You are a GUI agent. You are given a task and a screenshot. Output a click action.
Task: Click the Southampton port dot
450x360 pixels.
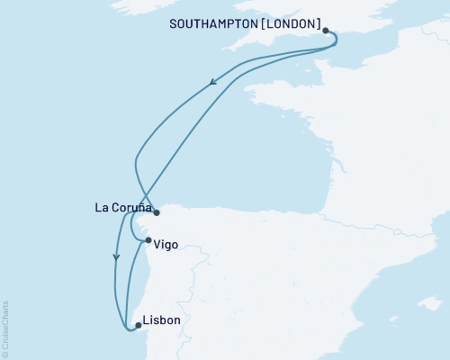pos(326,30)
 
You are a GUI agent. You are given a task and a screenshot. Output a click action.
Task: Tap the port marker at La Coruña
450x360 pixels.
pos(156,213)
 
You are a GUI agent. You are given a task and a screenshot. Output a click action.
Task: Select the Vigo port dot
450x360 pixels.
pos(148,240)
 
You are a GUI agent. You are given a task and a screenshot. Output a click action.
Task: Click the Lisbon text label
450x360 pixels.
pos(162,320)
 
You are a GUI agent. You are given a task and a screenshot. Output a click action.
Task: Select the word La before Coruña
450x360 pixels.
pos(102,208)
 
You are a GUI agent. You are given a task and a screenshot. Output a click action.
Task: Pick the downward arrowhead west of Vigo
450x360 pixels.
pos(115,256)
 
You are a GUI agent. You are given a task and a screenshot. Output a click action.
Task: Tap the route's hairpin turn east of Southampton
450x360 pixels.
pos(335,40)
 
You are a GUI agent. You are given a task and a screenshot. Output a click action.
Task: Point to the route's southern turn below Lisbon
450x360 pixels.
pos(129,332)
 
